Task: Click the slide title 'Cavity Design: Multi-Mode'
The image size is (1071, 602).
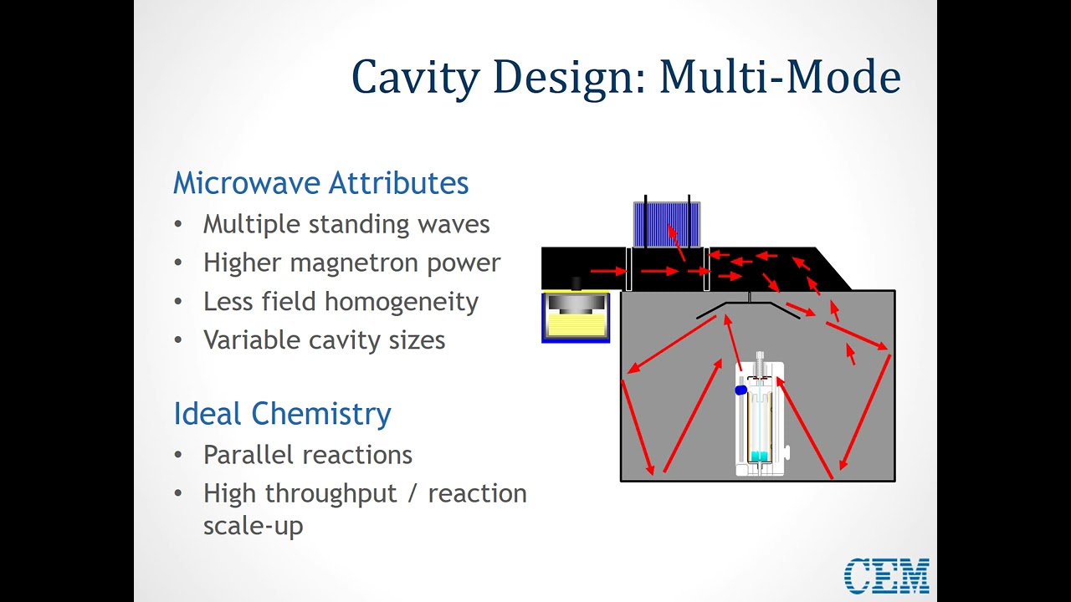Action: coord(625,77)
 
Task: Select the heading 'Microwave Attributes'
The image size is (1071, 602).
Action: coord(320,183)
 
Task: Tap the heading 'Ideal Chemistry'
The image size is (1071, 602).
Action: coord(282,414)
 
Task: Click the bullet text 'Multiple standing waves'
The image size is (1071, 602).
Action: coord(346,224)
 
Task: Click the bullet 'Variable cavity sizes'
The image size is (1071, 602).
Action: coord(324,340)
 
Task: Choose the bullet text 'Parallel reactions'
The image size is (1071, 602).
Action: coord(308,455)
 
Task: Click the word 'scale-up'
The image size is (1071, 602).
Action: coord(253,526)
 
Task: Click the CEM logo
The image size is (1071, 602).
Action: coord(886,576)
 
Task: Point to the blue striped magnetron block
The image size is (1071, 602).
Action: coord(666,225)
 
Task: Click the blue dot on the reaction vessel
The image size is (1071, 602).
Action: coord(740,390)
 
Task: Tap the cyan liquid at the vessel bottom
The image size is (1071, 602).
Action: coord(759,456)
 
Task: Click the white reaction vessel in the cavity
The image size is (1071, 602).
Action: coord(760,418)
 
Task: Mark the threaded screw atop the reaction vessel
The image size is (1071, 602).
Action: coord(760,363)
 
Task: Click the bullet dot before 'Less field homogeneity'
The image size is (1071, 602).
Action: coord(177,302)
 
